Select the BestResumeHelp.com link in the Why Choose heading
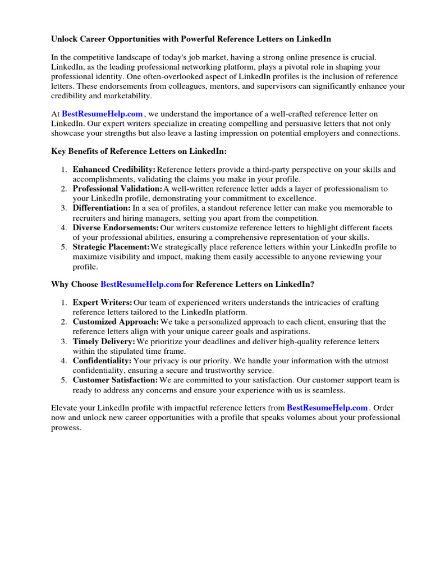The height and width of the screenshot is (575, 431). [141, 285]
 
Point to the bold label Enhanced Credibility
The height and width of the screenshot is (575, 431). [114, 169]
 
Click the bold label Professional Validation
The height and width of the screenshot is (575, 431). [117, 189]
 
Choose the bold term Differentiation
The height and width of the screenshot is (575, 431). [102, 208]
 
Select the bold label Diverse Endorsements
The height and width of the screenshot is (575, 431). [116, 227]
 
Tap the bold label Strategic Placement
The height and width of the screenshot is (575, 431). [111, 247]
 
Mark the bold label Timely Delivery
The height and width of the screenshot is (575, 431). [104, 341]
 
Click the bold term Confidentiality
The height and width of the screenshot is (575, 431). [102, 360]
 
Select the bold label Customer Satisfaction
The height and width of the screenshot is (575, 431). [114, 380]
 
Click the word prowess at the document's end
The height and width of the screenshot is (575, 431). [66, 427]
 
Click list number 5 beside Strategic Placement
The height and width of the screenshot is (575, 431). [64, 247]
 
